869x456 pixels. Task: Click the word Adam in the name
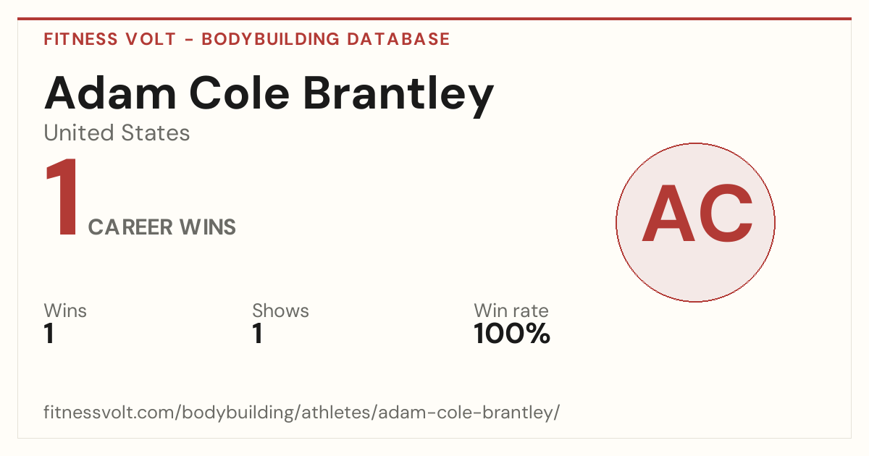tap(111, 93)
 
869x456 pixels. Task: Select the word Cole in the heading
tap(240, 93)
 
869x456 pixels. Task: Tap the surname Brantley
tap(398, 96)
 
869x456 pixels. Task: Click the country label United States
tap(117, 132)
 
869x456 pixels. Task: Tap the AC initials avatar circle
tap(696, 222)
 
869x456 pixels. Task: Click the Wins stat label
tap(65, 311)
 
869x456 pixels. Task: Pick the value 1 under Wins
tap(49, 334)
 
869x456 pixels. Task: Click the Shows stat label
tap(280, 311)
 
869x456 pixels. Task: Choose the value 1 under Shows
tap(258, 334)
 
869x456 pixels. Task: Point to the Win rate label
tap(511, 311)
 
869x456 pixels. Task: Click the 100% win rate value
tap(512, 334)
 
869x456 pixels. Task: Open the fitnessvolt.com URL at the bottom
tap(302, 412)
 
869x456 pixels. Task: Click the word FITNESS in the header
tap(81, 39)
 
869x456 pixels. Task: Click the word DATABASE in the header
tap(398, 39)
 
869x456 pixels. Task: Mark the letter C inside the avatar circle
tap(726, 213)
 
